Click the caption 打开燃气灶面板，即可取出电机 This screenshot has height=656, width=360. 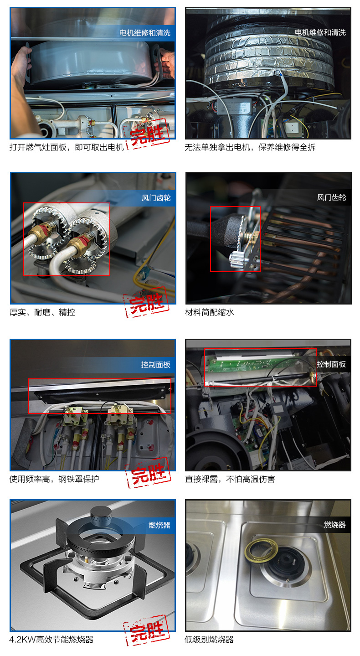coord(67,147)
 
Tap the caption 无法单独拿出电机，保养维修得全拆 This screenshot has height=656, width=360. coord(250,147)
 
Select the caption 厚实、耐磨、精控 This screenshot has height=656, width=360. coord(42,312)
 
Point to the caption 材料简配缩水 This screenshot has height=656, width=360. coord(210,312)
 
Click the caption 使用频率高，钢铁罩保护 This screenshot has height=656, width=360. coord(54,479)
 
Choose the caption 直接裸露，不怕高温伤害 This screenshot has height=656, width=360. coord(230,479)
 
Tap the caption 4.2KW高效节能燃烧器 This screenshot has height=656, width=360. coord(51,640)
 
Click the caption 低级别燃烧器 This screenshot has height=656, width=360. coord(209,640)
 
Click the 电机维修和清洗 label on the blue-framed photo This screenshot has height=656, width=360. coord(145,33)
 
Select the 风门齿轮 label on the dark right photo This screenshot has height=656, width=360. coord(332,198)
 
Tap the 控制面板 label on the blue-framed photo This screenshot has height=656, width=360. coord(156,365)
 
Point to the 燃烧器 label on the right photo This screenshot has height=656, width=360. coord(335,525)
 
